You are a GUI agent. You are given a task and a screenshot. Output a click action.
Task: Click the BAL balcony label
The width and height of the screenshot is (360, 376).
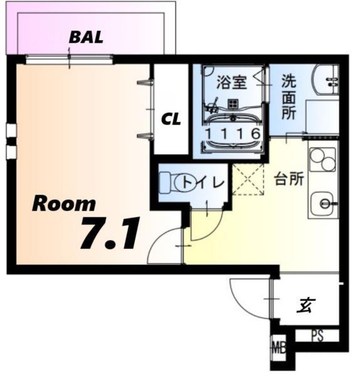[87, 36]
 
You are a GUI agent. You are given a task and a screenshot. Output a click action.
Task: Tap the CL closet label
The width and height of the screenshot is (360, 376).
[171, 119]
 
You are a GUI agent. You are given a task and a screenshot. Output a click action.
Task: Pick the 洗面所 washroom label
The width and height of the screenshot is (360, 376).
[289, 97]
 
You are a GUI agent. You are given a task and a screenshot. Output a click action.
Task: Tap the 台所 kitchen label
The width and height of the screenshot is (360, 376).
[289, 179]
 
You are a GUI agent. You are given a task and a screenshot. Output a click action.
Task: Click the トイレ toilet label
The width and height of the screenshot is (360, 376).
[207, 182]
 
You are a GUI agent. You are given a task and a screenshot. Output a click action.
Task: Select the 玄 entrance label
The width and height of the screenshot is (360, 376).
[306, 305]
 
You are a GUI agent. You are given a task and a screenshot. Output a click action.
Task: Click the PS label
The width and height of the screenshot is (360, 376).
[317, 336]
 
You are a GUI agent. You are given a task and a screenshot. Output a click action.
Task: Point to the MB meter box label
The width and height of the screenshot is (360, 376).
[277, 347]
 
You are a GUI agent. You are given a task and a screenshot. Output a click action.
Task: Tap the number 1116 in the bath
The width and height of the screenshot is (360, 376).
[231, 133]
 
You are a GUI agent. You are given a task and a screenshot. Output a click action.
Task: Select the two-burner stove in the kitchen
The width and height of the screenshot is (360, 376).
[323, 159]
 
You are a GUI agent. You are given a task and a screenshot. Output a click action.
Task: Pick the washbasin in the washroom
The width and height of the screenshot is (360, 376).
[326, 80]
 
